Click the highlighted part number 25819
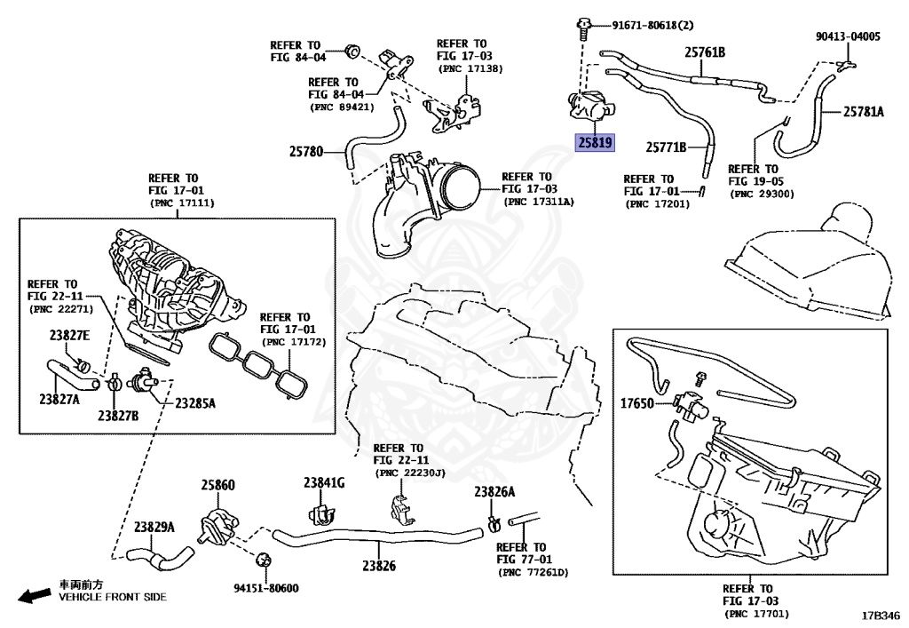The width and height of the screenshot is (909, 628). point(595,141)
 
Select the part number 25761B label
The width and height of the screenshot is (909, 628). point(704,52)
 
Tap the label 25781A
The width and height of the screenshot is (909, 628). point(864,112)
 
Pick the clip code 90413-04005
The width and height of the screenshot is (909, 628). point(848,36)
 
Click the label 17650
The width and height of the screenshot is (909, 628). point(636,404)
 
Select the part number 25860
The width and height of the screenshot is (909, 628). point(217,485)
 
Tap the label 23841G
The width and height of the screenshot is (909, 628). point(323,482)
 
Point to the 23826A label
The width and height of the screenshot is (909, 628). point(494,492)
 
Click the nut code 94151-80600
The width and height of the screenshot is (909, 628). point(265,588)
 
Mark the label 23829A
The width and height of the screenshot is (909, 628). point(154,527)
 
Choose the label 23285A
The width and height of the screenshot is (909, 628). point(194,403)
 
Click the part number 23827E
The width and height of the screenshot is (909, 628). point(69,335)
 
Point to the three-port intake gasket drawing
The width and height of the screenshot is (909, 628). point(260,367)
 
